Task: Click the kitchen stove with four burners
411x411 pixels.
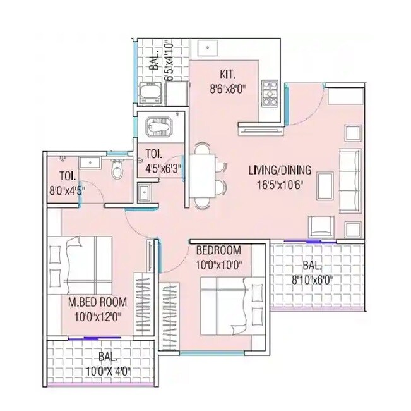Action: point(270,93)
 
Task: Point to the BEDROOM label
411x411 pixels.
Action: point(218,249)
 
